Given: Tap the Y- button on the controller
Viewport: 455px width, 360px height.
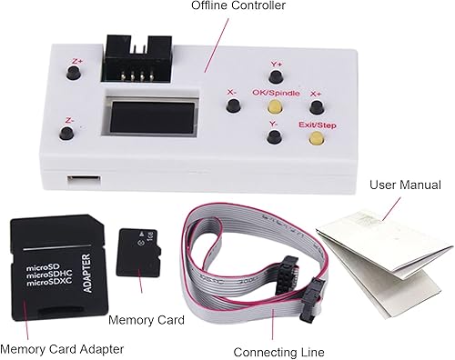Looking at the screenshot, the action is click(x=274, y=138).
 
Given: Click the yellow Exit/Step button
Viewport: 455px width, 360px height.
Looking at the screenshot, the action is click(x=316, y=139).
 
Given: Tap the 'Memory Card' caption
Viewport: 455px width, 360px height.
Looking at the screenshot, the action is click(x=147, y=320).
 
